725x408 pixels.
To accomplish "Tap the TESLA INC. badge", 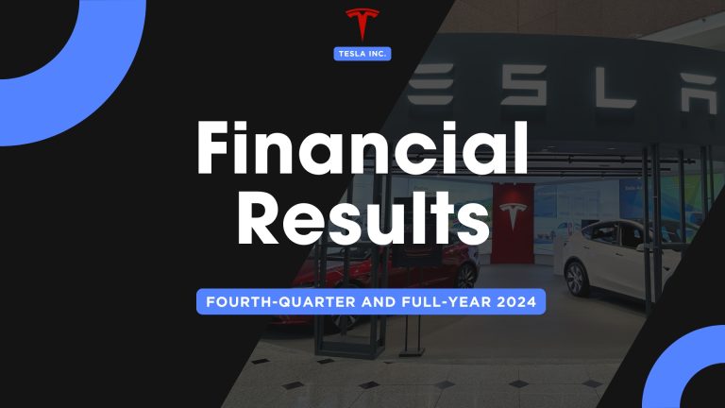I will click(362, 53).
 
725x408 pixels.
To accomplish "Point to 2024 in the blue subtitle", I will click(516, 303).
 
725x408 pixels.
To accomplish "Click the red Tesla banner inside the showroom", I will click(511, 221).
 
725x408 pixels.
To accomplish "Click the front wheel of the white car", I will click(577, 278).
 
